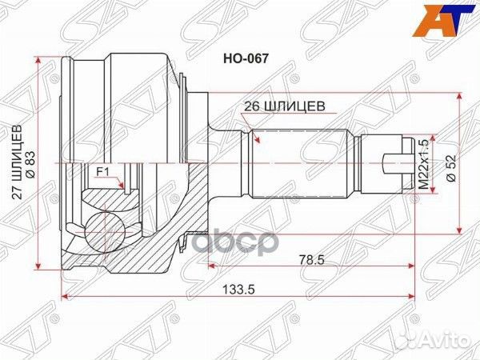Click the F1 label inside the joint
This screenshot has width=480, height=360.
pyautogui.click(x=102, y=172)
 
